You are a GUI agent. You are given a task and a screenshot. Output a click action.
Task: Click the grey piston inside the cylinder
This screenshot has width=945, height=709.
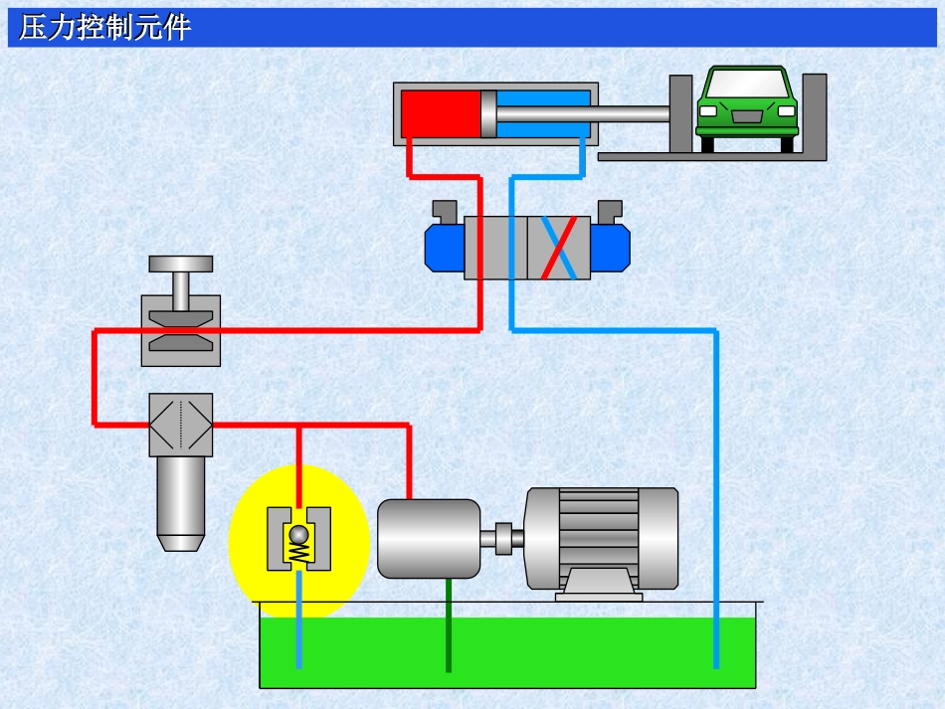[x=487, y=113]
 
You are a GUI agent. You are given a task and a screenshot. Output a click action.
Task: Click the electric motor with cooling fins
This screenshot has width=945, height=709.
[x=602, y=538]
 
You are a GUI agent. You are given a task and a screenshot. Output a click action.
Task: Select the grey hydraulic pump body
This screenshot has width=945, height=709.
[x=429, y=538]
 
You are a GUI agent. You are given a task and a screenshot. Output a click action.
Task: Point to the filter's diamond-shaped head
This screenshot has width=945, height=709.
[x=180, y=425]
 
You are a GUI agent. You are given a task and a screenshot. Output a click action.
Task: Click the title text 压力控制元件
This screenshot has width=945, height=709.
[x=103, y=28]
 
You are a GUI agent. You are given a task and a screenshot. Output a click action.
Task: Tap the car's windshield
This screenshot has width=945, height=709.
[x=746, y=85]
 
